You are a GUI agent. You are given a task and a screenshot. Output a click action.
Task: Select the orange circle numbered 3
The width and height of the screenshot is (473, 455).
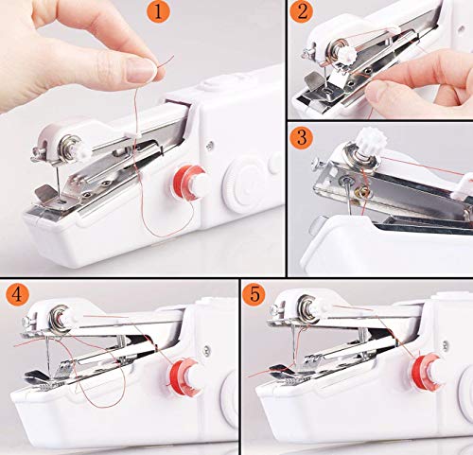point(302,138)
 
